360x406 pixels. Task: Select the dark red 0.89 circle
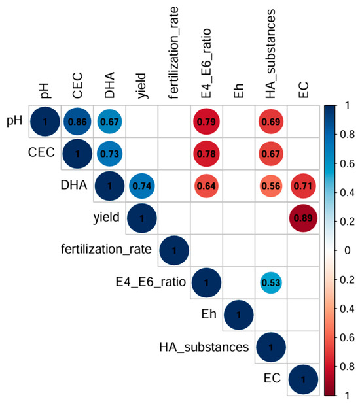point(302,218)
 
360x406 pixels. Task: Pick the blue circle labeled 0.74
point(141,186)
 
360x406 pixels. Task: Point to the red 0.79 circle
point(205,122)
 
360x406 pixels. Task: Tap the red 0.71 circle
point(302,186)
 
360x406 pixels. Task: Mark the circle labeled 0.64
point(205,186)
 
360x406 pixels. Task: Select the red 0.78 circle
point(205,154)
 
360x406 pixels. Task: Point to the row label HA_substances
point(205,347)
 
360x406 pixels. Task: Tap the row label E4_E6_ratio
point(149,283)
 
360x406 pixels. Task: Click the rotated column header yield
point(141,84)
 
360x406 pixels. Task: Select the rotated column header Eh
point(238,90)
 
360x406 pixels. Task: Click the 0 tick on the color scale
point(348,250)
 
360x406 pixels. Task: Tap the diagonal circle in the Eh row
point(238,315)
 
